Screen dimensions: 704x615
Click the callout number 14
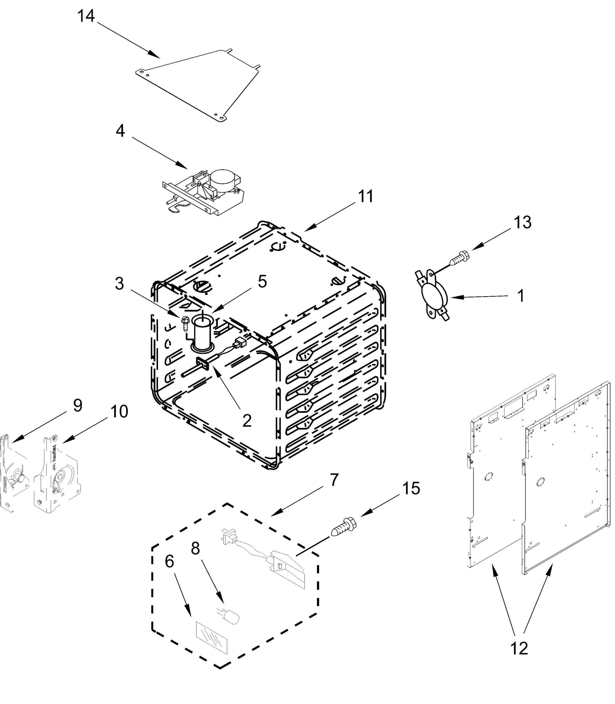tap(86, 16)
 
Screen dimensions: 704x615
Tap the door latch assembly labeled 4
tap(206, 192)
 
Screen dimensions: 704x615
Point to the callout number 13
tap(522, 222)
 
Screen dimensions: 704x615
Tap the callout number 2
tap(247, 420)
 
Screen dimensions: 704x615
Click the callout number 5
tap(262, 282)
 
